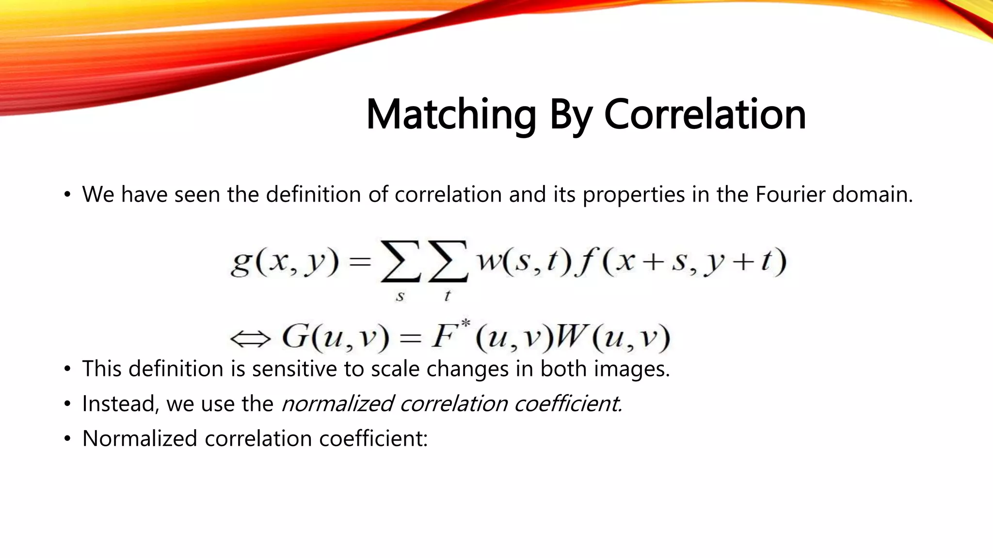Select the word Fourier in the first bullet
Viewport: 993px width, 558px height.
[790, 195]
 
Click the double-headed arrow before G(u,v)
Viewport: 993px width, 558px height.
[250, 339]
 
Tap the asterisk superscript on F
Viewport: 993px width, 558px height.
[465, 323]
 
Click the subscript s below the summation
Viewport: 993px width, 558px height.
[400, 296]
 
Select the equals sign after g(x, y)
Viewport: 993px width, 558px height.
[360, 263]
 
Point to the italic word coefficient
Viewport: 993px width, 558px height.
[568, 404]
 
